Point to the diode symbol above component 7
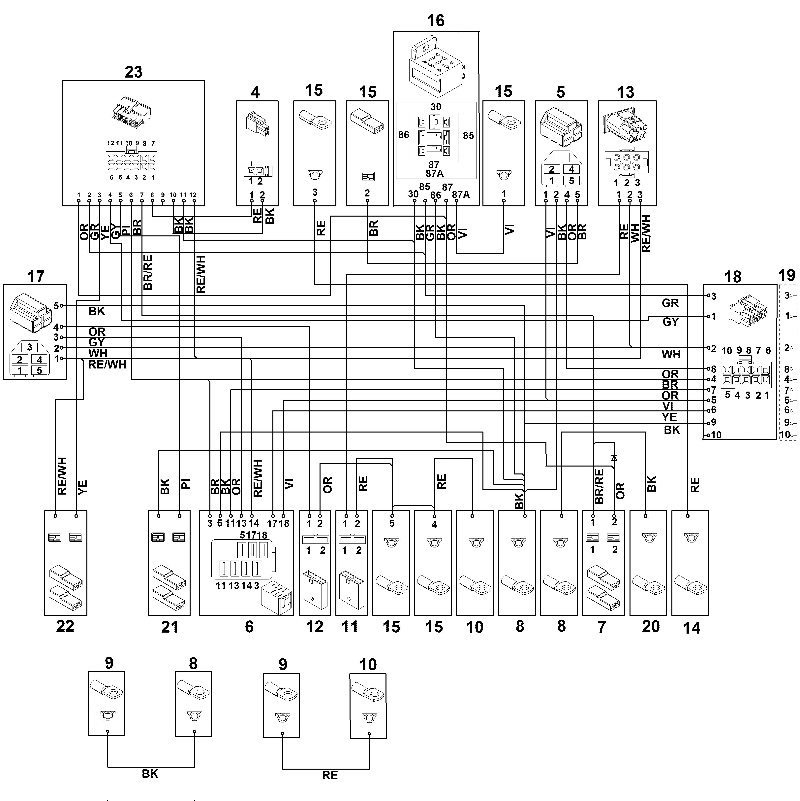(614, 458)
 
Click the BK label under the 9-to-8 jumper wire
(150, 774)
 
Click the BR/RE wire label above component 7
(599, 486)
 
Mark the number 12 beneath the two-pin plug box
(314, 627)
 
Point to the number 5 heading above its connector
(561, 92)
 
